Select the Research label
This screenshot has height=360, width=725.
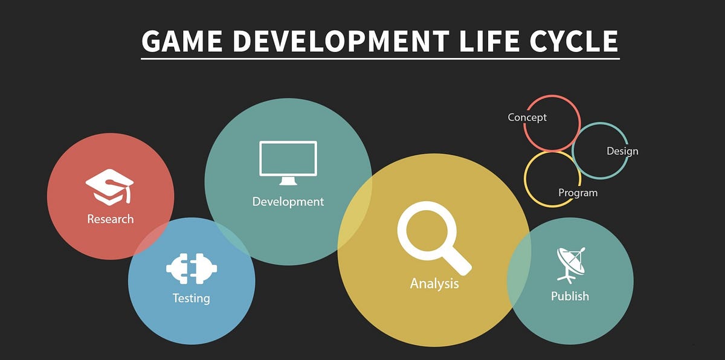(x=111, y=219)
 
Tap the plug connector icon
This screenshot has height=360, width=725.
(x=192, y=269)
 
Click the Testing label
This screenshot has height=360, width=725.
(x=191, y=298)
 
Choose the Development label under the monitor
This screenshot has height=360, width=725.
(x=288, y=201)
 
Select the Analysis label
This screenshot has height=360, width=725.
(x=434, y=283)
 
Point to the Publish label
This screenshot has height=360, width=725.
(x=570, y=296)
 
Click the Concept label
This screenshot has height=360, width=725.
(x=527, y=117)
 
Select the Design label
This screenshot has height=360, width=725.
(x=622, y=151)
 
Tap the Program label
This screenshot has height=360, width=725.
(x=578, y=193)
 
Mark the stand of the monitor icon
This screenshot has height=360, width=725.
(x=288, y=181)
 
